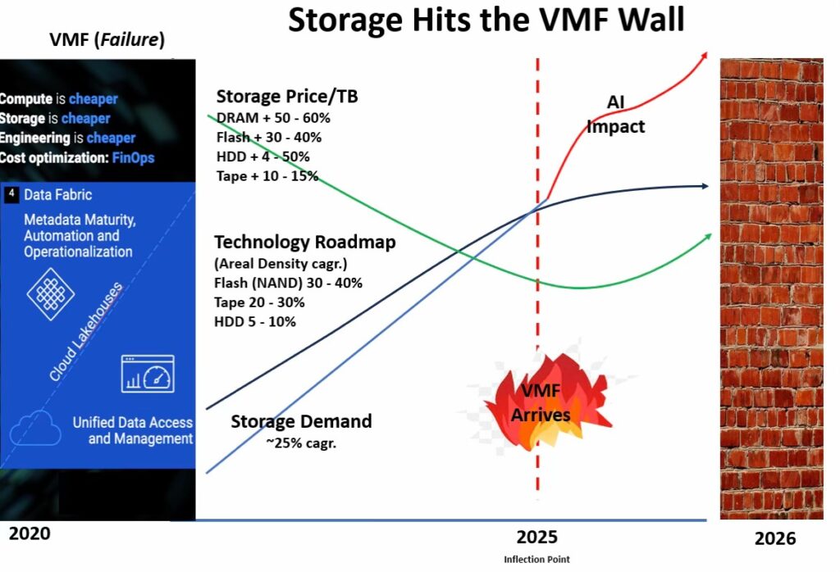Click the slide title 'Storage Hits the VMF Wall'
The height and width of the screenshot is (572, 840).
(x=486, y=20)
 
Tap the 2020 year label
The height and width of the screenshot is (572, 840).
(x=30, y=533)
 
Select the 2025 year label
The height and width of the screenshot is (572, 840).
(x=536, y=537)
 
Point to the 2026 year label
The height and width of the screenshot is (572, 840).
(x=774, y=538)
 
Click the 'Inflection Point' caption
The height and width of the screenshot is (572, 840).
(x=536, y=559)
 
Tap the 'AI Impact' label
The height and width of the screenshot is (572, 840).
(x=615, y=114)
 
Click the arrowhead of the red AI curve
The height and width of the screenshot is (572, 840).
(x=705, y=55)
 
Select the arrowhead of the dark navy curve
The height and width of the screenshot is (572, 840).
(x=705, y=186)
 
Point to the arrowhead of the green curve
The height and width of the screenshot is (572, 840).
(x=708, y=237)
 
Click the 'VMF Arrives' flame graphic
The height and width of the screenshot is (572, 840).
(x=541, y=402)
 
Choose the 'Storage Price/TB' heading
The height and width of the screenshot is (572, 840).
(x=287, y=97)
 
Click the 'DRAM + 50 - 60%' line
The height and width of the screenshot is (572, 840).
(x=273, y=118)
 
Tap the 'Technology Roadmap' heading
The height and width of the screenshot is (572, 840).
(x=305, y=242)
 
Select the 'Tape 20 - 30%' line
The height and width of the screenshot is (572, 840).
(x=259, y=302)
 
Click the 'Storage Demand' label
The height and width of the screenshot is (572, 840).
(x=301, y=421)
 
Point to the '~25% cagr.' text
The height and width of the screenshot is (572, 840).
(x=301, y=443)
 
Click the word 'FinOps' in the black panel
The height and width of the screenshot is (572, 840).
(x=134, y=158)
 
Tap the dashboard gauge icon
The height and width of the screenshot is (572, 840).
(x=148, y=374)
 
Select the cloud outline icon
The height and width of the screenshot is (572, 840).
(x=35, y=428)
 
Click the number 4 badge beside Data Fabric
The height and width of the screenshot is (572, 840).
(x=11, y=194)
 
